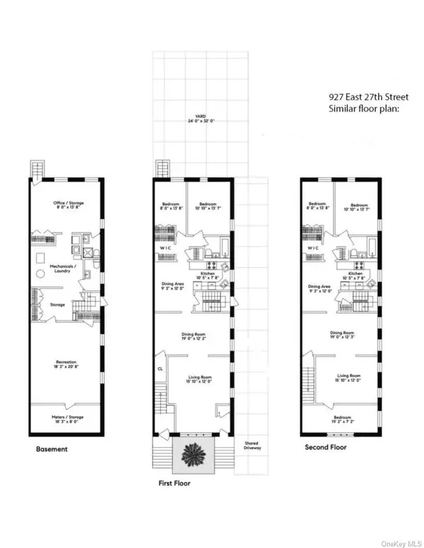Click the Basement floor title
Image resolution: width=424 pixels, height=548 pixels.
(x=53, y=448)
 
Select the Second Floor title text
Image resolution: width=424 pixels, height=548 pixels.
(x=324, y=448)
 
